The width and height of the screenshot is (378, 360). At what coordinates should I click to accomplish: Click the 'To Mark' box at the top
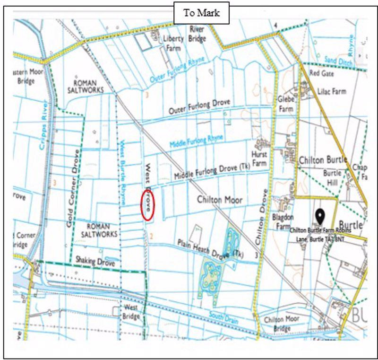click(202, 13)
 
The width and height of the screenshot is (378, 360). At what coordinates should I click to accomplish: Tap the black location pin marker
click(320, 217)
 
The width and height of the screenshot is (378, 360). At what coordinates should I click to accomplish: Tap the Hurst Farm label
click(259, 158)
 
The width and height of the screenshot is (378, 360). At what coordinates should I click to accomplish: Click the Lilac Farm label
click(332, 91)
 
